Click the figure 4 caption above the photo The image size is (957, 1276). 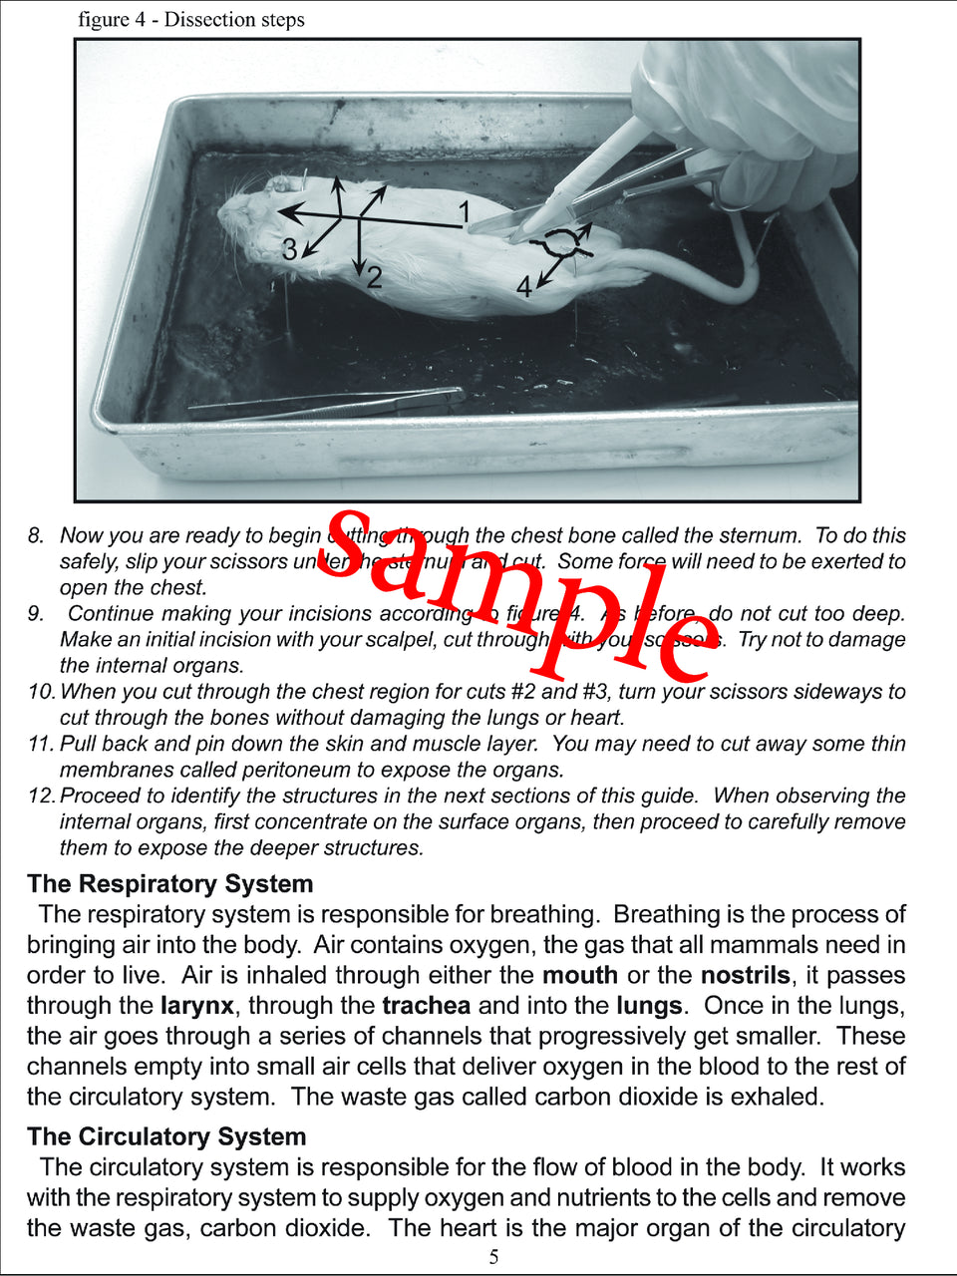pyautogui.click(x=191, y=20)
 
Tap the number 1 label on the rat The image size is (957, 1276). pyautogui.click(x=464, y=210)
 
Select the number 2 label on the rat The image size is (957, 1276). pyautogui.click(x=374, y=276)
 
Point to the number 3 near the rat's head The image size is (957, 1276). pyautogui.click(x=289, y=248)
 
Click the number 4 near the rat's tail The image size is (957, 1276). pyautogui.click(x=524, y=287)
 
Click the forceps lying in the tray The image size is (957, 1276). pyautogui.click(x=329, y=404)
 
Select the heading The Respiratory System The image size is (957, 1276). pyautogui.click(x=170, y=884)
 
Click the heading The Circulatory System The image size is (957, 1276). pyautogui.click(x=166, y=1137)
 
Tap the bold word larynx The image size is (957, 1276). pyautogui.click(x=197, y=1006)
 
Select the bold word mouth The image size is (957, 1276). pyautogui.click(x=580, y=975)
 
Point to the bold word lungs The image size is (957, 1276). pyautogui.click(x=649, y=1006)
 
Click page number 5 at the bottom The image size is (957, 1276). pyautogui.click(x=493, y=1257)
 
